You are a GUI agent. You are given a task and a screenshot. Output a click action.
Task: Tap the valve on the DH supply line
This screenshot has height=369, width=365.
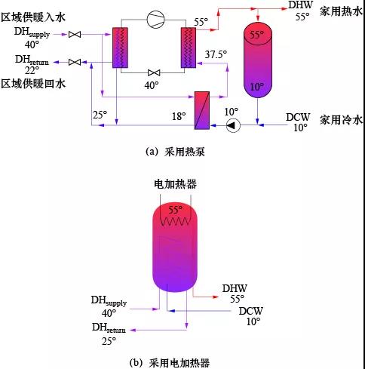75,34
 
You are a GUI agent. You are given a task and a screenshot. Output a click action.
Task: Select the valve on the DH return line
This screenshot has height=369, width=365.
75,62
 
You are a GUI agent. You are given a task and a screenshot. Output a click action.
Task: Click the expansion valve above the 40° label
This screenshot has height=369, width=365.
154,72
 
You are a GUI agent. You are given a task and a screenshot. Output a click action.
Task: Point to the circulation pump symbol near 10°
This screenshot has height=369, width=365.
233,125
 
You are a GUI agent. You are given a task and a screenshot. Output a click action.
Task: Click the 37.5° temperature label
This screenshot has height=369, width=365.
216,54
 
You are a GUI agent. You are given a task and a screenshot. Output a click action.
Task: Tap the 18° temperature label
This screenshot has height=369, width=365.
179,116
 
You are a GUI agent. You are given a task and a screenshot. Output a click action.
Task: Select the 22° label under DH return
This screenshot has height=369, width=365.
32,70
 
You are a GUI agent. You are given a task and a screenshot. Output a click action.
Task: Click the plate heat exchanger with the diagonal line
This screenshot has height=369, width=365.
202,110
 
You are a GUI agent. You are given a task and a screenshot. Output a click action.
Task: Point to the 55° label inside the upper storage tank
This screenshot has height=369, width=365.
257,34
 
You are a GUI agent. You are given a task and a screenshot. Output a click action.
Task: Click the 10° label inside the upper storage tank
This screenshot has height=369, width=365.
256,87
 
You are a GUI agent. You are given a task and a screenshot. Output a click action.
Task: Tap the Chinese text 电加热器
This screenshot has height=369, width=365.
175,184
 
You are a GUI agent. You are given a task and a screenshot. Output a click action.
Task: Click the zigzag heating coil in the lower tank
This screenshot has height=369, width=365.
175,221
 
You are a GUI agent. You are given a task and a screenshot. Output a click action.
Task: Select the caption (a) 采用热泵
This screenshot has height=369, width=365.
175,152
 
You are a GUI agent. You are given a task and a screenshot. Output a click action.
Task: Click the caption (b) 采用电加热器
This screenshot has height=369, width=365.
170,363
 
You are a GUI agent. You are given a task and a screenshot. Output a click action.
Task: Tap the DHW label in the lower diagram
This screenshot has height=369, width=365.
235,288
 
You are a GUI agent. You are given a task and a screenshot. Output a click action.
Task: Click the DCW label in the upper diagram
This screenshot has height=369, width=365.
298,117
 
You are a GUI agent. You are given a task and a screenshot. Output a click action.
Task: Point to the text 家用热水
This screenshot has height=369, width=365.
341,11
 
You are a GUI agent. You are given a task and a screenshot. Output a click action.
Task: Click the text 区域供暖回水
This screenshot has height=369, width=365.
33,84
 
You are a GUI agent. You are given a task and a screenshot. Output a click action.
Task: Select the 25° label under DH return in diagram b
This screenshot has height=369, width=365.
109,341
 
